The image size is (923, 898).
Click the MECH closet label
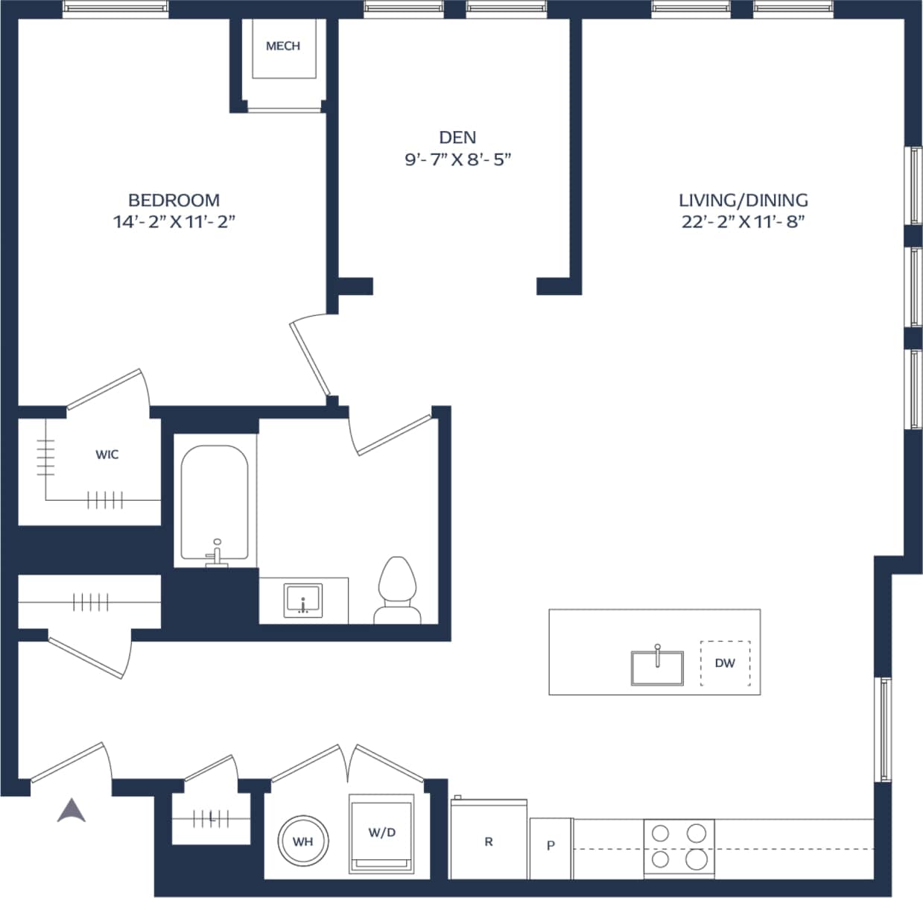click(x=283, y=46)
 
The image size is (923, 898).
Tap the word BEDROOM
click(x=174, y=200)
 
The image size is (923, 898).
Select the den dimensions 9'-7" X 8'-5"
click(x=457, y=159)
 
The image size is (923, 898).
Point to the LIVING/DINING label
click(x=743, y=200)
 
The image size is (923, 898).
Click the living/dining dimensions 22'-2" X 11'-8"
click(x=743, y=221)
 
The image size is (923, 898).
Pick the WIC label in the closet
click(x=107, y=455)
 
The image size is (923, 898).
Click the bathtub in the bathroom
click(x=215, y=503)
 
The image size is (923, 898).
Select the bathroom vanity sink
click(x=302, y=600)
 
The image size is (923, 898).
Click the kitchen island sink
click(x=657, y=666)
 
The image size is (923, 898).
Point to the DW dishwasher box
click(x=725, y=663)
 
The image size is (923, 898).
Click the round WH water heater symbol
click(x=302, y=841)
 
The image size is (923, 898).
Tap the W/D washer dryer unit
click(x=381, y=833)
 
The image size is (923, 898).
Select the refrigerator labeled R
click(x=489, y=841)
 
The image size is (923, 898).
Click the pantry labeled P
click(x=551, y=846)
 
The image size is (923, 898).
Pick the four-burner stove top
click(x=679, y=847)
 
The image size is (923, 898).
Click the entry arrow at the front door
click(x=72, y=810)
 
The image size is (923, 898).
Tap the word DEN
click(x=457, y=137)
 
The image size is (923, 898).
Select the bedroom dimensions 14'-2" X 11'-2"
click(x=174, y=221)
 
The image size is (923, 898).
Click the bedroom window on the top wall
click(x=115, y=9)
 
